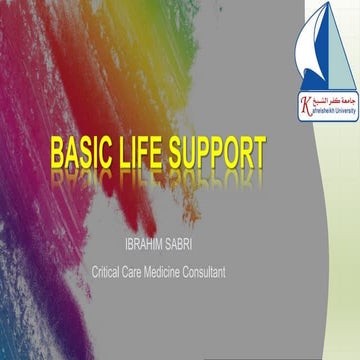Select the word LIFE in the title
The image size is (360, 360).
click(x=145, y=154)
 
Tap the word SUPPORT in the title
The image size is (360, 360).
click(x=219, y=154)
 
